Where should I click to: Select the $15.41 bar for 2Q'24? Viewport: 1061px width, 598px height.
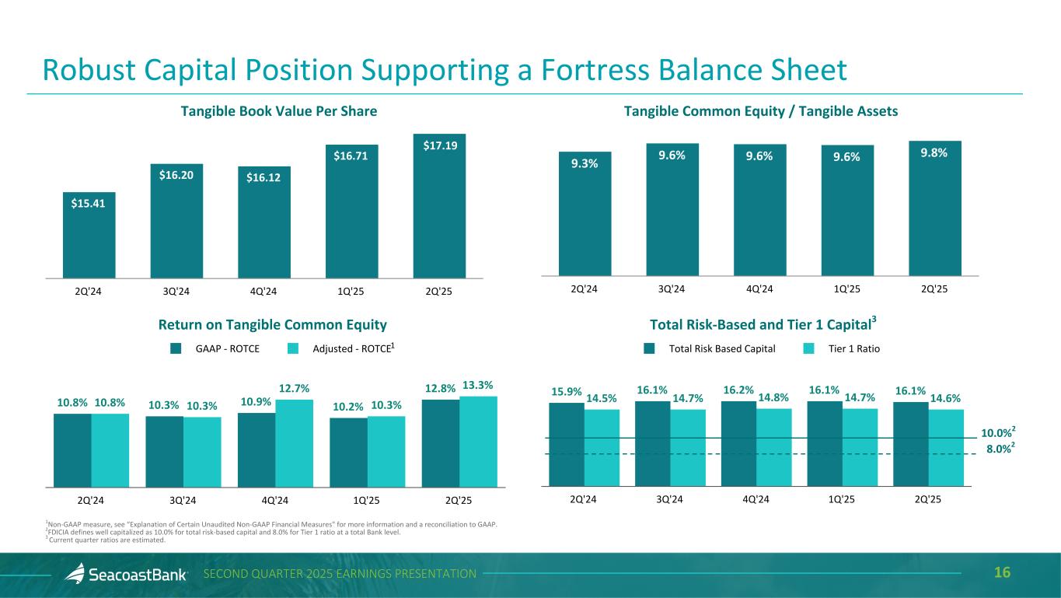coord(89,237)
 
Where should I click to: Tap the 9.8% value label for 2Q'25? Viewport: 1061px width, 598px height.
coord(933,153)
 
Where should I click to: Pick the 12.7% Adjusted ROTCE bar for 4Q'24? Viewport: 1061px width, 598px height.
coord(295,443)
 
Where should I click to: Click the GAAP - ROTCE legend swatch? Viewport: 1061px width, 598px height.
coord(176,349)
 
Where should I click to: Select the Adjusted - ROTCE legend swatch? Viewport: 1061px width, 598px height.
coord(294,349)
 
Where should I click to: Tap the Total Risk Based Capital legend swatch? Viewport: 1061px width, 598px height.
coord(651,349)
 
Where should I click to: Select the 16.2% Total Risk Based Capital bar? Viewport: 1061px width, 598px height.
coord(738,443)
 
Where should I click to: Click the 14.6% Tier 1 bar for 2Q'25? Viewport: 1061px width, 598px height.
coord(946,447)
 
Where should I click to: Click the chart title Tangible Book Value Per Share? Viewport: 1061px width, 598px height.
coord(279,111)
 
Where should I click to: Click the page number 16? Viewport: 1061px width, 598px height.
coord(1002,573)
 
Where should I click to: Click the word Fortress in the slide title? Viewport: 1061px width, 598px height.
coord(630,71)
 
